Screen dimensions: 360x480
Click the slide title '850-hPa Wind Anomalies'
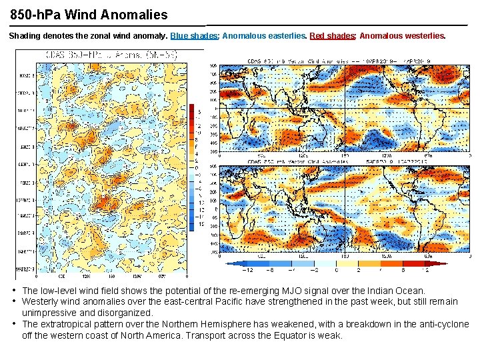coord(89,13)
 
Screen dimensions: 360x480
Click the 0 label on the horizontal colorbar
coord(337,270)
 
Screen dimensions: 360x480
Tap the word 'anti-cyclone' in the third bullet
coord(443,324)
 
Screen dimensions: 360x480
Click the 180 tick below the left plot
coord(112,275)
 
